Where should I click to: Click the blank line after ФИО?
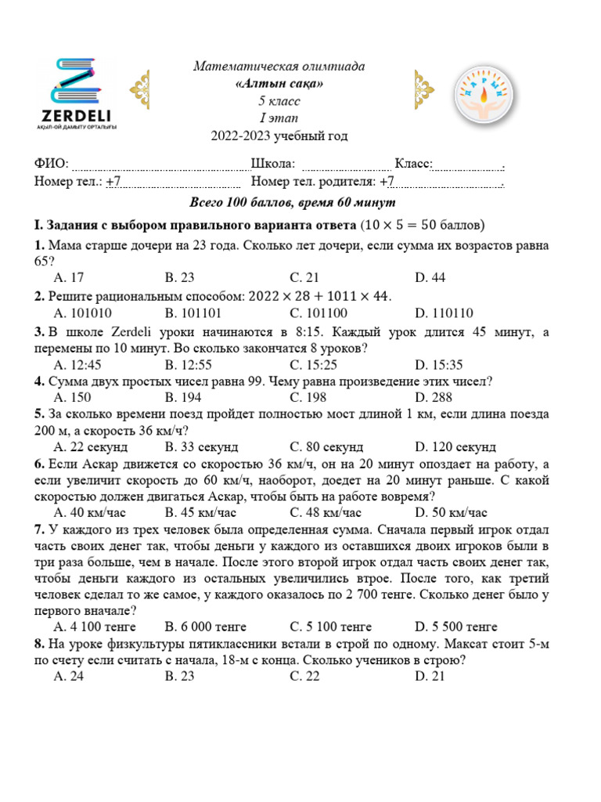pos(160,166)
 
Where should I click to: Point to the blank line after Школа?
pos(346,166)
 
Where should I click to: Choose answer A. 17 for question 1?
pos(69,277)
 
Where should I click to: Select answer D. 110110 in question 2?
pos(444,313)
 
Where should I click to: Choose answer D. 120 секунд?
pos(455,447)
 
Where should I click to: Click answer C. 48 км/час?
pos(325,513)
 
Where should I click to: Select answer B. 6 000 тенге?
pos(206,627)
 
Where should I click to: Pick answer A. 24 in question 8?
pos(69,676)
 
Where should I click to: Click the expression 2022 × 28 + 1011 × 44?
pos(318,296)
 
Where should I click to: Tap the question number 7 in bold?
pos(38,529)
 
